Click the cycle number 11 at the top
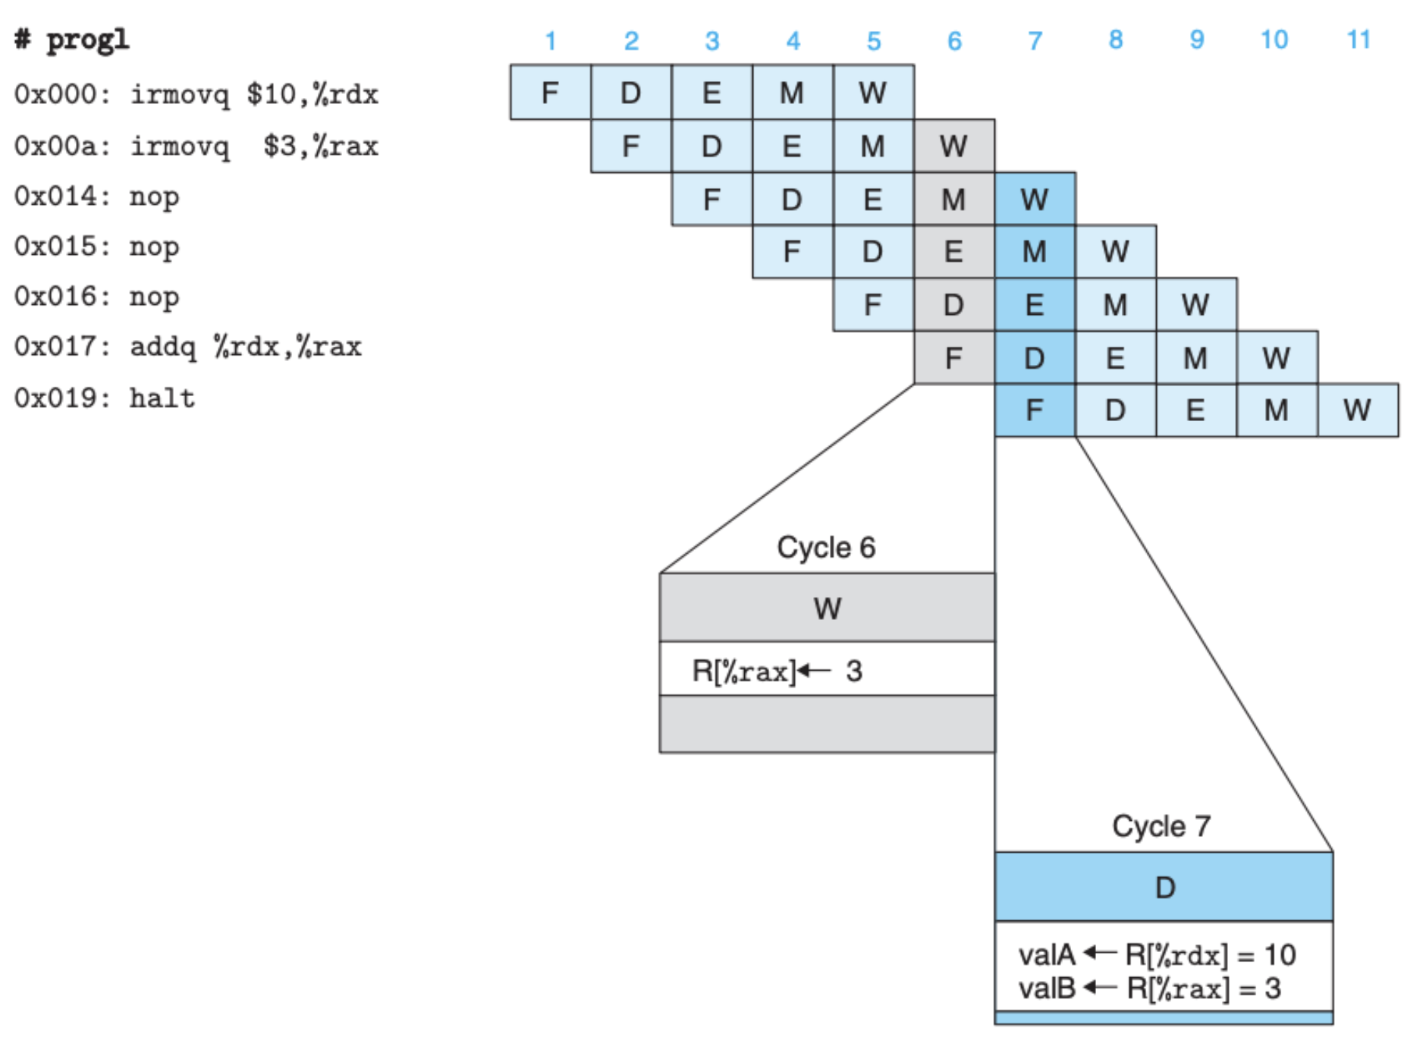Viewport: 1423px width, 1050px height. pyautogui.click(x=1359, y=39)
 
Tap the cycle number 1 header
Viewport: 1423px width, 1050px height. pyautogui.click(x=551, y=40)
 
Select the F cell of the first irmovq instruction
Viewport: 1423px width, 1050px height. pyautogui.click(x=551, y=92)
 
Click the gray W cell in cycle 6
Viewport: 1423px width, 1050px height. pyautogui.click(x=954, y=146)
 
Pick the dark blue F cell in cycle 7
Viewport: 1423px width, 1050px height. pyautogui.click(x=1035, y=410)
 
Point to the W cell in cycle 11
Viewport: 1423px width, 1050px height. pyautogui.click(x=1358, y=410)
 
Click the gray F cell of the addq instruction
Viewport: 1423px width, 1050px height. pyautogui.click(x=954, y=357)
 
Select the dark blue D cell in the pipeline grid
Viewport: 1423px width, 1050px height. pyautogui.click(x=1035, y=357)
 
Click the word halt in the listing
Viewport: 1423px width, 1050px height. pyautogui.click(x=162, y=398)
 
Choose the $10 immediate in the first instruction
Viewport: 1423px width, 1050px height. pyautogui.click(x=272, y=94)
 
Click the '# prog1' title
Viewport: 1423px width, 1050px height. pyautogui.click(x=72, y=39)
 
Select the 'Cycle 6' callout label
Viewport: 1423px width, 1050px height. pyautogui.click(x=826, y=547)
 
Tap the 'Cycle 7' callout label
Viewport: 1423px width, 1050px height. pyautogui.click(x=1161, y=826)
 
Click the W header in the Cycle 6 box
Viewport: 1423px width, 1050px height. pyautogui.click(x=828, y=608)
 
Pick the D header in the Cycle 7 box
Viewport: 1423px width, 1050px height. pyautogui.click(x=1164, y=887)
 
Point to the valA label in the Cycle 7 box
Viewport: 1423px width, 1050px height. pyautogui.click(x=1047, y=954)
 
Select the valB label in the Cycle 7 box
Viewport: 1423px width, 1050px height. pyautogui.click(x=1047, y=989)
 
